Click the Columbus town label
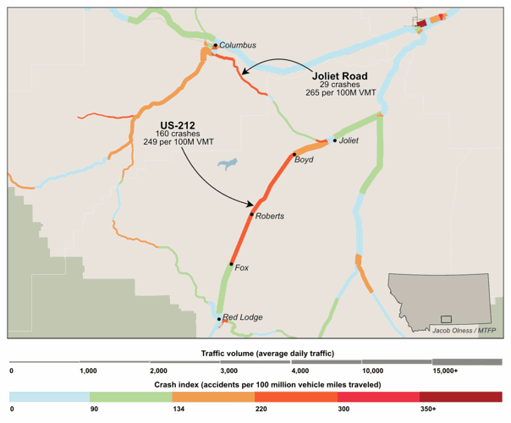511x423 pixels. click(x=238, y=46)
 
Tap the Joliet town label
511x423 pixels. click(x=349, y=141)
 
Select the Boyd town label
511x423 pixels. click(x=305, y=159)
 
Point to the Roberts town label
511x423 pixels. click(x=269, y=217)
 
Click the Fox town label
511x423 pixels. click(x=242, y=268)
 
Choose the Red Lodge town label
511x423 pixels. click(x=243, y=318)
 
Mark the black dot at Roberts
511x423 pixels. click(x=252, y=215)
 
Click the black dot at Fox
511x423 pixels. click(x=231, y=265)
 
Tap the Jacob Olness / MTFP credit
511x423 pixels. click(x=463, y=330)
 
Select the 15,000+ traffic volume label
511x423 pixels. click(x=445, y=371)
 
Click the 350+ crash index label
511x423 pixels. click(x=431, y=409)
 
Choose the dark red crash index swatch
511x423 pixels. click(x=460, y=397)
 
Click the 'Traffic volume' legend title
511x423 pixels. click(x=255, y=351)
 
